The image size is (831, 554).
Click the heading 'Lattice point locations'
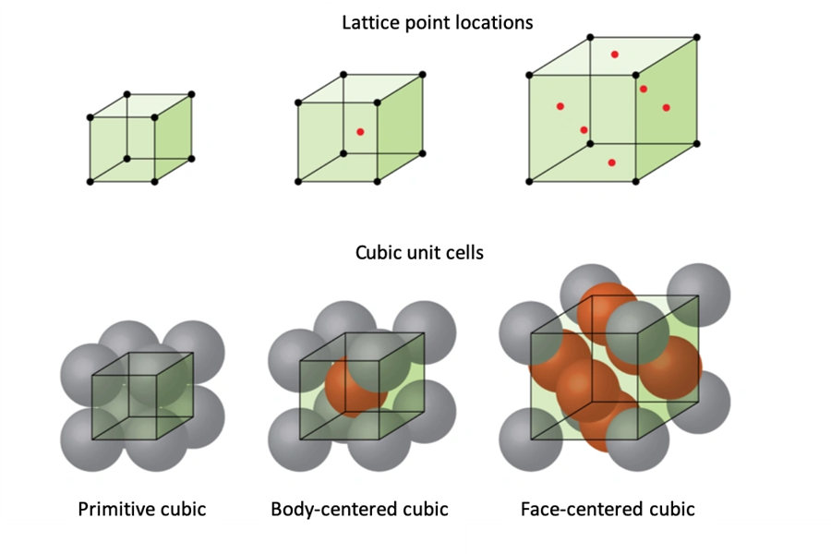tap(437, 22)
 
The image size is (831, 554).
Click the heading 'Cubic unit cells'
tap(419, 251)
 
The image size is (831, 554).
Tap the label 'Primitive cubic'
tap(141, 509)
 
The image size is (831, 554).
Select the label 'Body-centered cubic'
tap(359, 509)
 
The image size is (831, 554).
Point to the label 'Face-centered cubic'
tap(608, 509)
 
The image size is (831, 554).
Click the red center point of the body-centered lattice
tap(360, 132)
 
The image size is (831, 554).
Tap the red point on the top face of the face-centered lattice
tap(614, 54)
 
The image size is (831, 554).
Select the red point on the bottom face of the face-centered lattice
tap(611, 163)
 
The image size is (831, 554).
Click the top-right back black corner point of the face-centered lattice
tap(696, 38)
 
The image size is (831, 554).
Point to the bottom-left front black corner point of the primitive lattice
tap(90, 182)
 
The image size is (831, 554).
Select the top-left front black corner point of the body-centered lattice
tap(298, 102)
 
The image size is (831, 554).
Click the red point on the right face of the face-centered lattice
tap(666, 108)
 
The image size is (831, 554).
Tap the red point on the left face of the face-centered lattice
tap(560, 106)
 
